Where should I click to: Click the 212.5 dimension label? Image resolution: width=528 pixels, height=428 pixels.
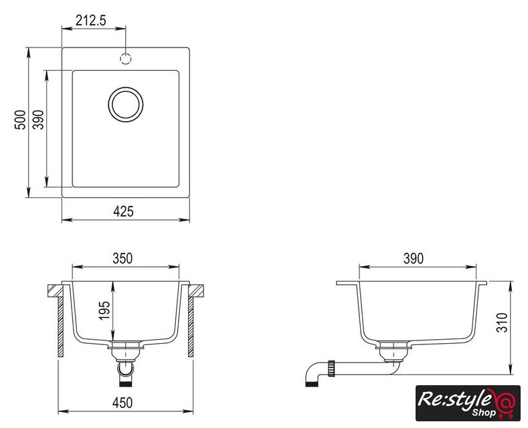coord(90,21)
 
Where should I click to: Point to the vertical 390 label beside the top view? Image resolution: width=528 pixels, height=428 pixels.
coord(38,120)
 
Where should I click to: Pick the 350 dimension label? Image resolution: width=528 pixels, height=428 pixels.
coord(122,258)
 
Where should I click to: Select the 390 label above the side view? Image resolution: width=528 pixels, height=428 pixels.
coord(414,258)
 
